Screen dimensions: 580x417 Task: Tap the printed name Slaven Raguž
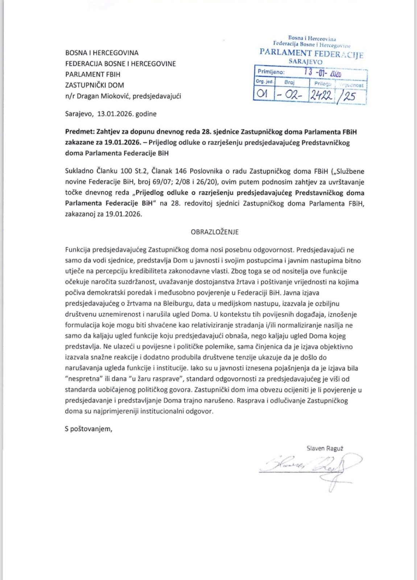325,448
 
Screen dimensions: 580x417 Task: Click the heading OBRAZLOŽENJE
215,232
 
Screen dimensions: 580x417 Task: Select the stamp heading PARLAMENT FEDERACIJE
311,53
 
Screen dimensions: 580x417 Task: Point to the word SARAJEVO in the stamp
305,62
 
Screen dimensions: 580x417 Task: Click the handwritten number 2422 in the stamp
321,95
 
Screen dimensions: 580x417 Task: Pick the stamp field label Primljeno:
271,72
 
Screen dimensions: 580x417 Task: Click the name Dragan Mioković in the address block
103,96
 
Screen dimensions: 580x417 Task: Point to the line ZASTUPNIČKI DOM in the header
95,85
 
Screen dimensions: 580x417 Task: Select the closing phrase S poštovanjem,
89,429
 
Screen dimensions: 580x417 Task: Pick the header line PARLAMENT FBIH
93,74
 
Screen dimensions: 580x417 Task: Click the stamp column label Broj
289,82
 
